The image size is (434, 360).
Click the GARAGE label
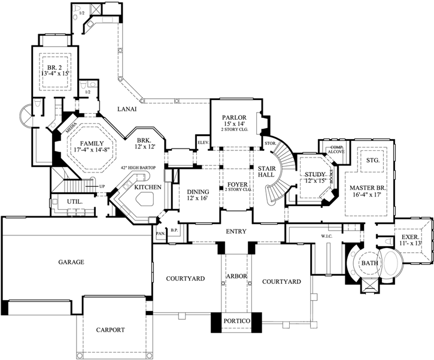tap(71, 262)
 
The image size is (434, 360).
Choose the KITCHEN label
tap(147, 187)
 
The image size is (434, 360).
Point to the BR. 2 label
tap(56, 65)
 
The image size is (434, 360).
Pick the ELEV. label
tap(202, 143)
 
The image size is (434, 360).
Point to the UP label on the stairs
tap(102, 187)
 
